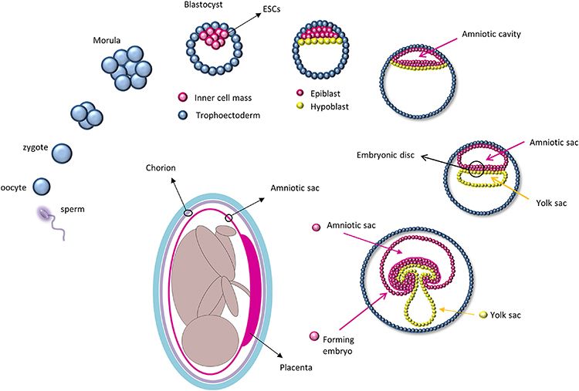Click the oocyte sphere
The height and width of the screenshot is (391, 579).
pos(42,187)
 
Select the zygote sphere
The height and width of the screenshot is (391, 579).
pos(63,153)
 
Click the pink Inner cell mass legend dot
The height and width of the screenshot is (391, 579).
pos(182,96)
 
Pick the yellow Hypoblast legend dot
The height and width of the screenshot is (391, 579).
pos(300,107)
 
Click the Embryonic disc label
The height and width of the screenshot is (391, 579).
pos(386,155)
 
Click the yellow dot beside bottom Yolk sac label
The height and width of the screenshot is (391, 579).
pos(482,315)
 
